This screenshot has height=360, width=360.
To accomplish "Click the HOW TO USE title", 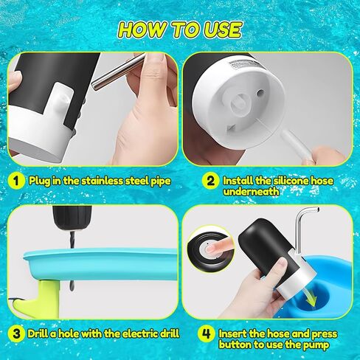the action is [x=180, y=30].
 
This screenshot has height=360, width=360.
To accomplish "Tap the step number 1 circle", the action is [x=16, y=181].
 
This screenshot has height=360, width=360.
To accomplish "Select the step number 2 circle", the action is [x=210, y=181].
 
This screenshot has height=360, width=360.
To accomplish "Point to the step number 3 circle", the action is [x=16, y=334].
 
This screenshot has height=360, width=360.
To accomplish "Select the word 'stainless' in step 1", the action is [x=102, y=181].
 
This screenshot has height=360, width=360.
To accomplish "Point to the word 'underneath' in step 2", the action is [x=251, y=192].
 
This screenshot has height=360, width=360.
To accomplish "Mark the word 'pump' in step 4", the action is [x=316, y=345].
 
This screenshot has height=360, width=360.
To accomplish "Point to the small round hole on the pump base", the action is [x=260, y=93].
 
